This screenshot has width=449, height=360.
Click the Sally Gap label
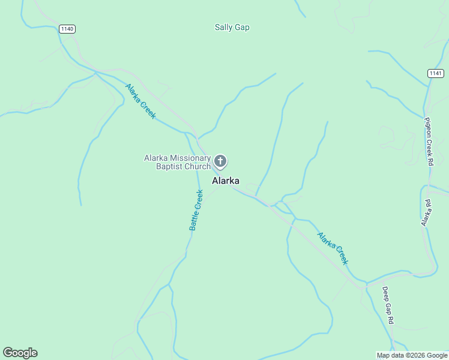232,27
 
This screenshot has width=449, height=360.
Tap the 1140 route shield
67,28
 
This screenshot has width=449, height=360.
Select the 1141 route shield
436,73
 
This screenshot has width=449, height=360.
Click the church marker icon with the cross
220,161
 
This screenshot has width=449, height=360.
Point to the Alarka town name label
226,181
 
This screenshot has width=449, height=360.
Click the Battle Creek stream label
196,210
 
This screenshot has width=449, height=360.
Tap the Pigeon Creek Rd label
429,142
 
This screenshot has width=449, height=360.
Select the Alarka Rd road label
426,212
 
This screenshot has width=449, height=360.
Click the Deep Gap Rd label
388,305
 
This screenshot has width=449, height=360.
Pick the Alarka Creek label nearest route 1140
140,101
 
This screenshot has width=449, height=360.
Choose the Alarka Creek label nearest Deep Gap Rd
333,248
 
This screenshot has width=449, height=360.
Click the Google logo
20,353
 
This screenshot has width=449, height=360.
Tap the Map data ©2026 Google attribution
412,355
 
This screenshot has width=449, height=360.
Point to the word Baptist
163,166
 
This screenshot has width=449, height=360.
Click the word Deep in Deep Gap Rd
386,293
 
